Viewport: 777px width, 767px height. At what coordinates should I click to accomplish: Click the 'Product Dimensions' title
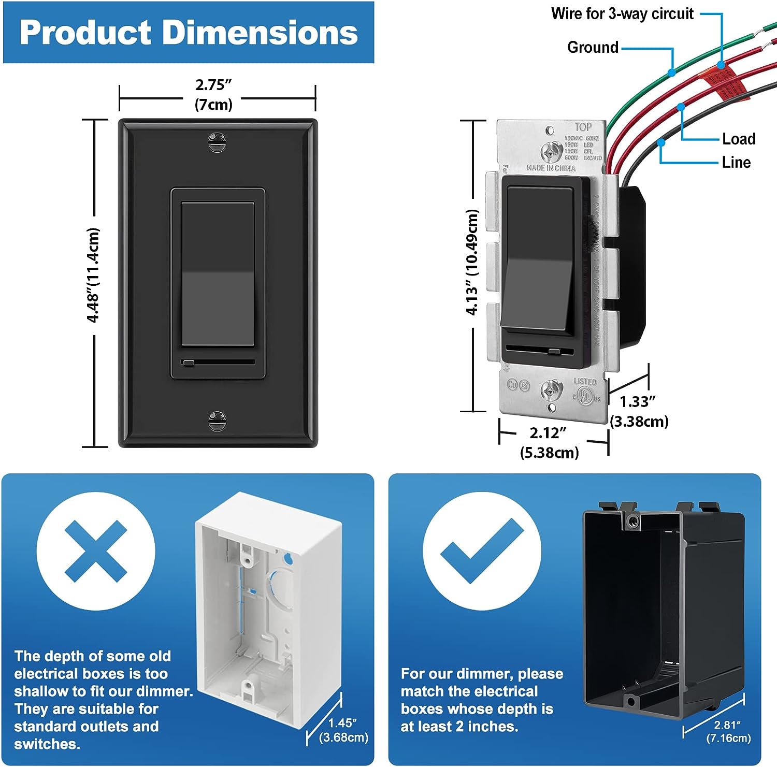[x=189, y=32]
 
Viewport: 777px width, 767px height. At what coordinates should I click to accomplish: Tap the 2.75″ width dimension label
[x=213, y=85]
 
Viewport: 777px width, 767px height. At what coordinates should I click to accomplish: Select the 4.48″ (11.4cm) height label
[x=93, y=275]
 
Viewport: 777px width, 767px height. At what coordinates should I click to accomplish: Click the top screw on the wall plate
[x=217, y=141]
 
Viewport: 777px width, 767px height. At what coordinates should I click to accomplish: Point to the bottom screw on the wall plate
[x=217, y=421]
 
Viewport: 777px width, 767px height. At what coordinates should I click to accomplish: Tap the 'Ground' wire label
[x=593, y=47]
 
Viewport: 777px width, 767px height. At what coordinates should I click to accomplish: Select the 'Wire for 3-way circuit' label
[x=622, y=13]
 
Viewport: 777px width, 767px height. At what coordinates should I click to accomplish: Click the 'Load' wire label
[x=739, y=139]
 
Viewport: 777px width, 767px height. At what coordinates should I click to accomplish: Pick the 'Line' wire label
[x=736, y=162]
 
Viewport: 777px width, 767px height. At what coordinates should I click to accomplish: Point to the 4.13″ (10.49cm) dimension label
[x=472, y=262]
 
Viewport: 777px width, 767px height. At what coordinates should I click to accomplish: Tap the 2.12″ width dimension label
[x=548, y=433]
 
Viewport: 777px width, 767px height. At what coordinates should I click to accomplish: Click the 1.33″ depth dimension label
[x=638, y=402]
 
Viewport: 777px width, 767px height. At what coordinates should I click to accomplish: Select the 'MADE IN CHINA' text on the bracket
[x=551, y=168]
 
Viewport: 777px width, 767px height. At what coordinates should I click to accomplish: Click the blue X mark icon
[x=96, y=551]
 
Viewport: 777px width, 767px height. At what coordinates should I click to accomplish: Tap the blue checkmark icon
[x=482, y=551]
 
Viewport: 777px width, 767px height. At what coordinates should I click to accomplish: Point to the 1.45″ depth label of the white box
[x=342, y=723]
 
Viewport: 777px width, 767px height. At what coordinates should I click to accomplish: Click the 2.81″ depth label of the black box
[x=728, y=725]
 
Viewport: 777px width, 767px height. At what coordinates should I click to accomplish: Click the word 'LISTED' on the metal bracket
[x=585, y=382]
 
